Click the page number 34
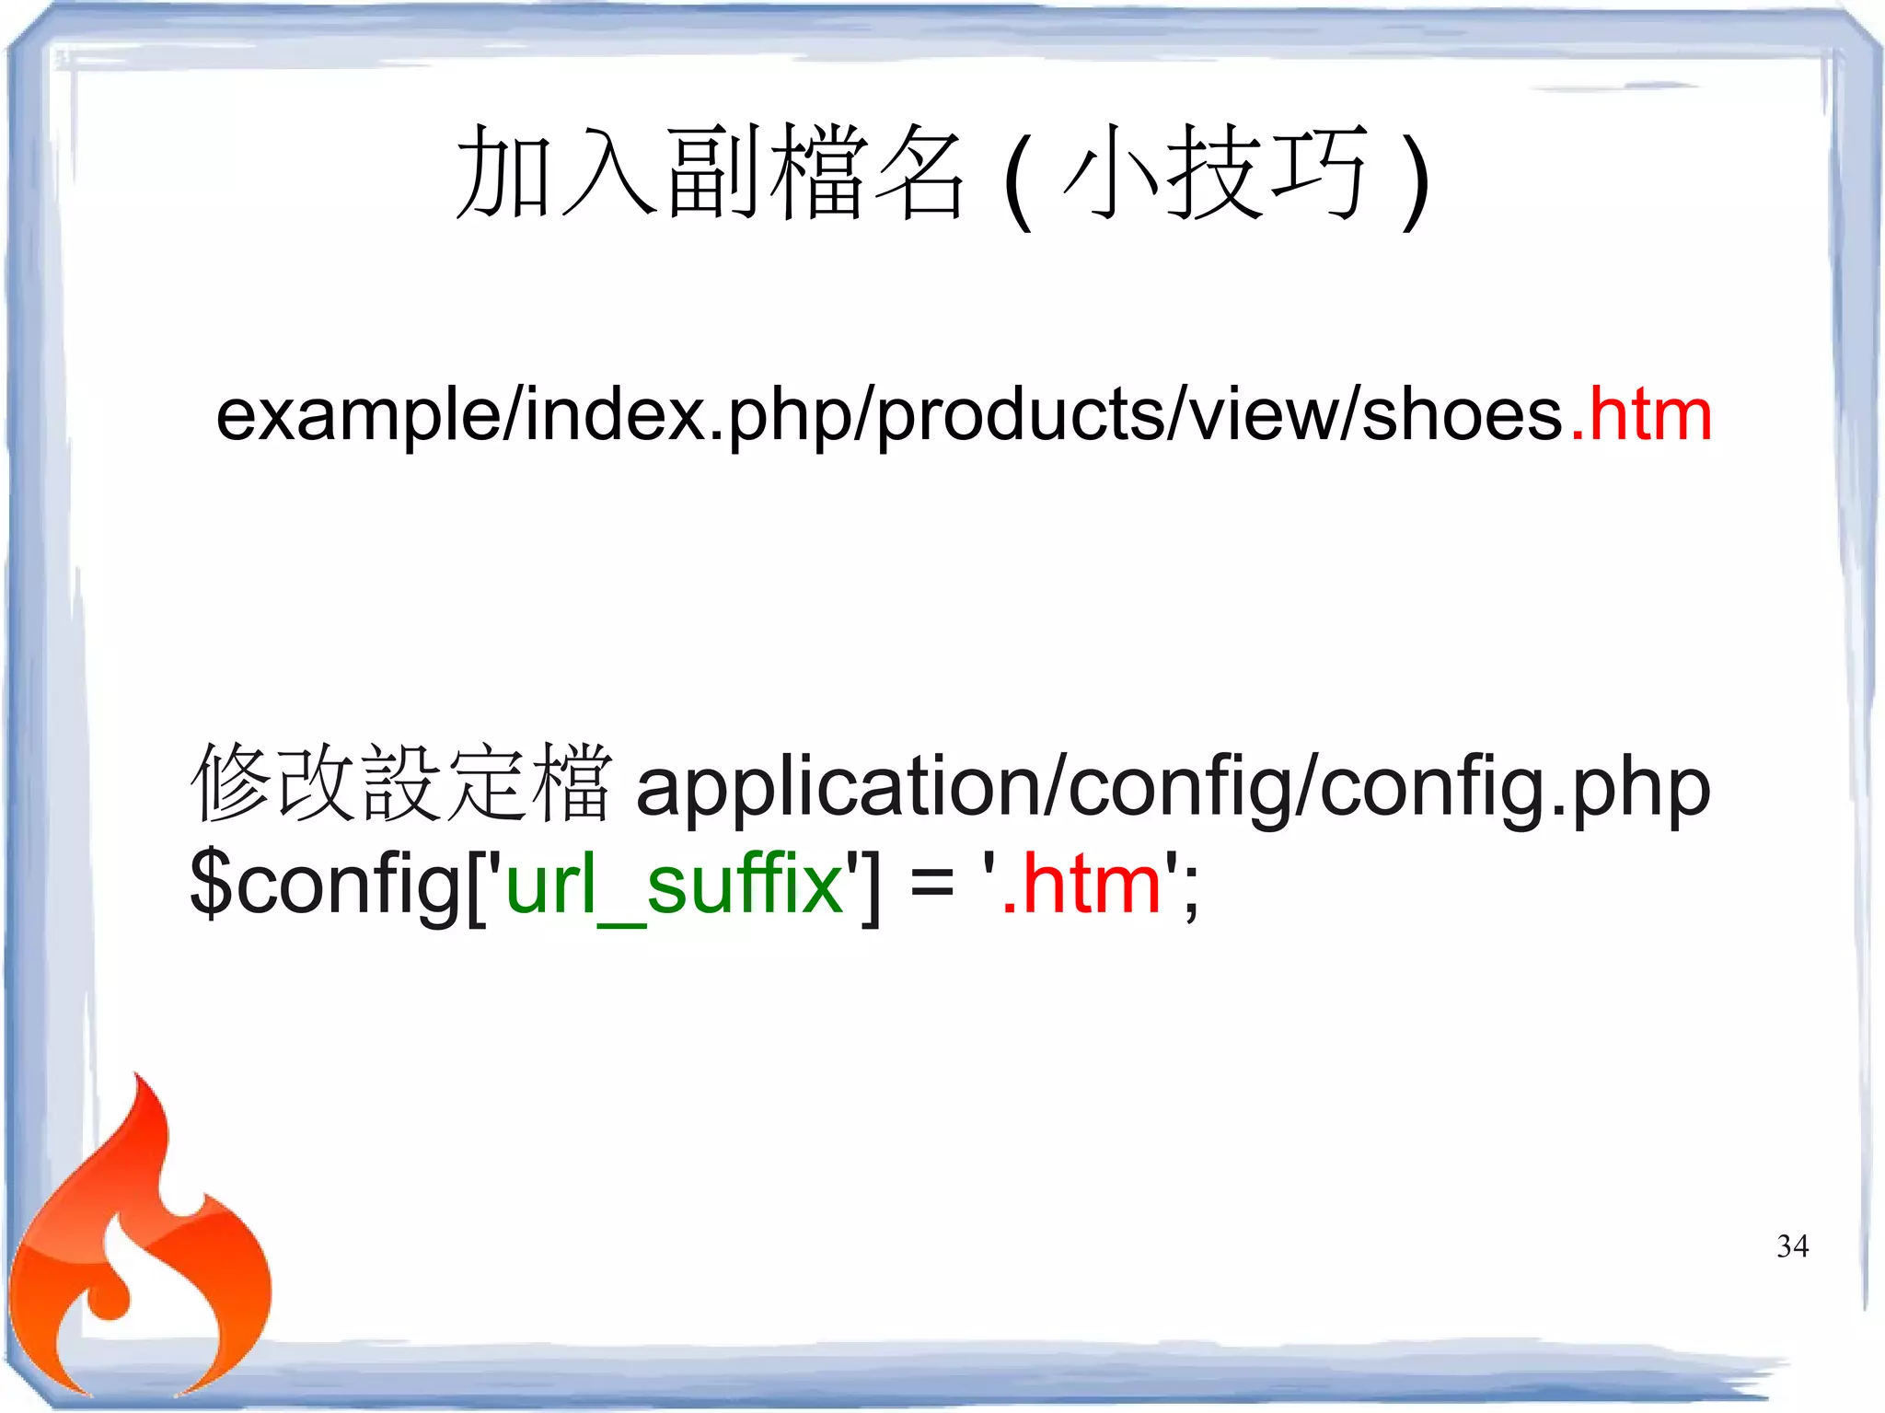pyautogui.click(x=1792, y=1246)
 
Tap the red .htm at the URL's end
pyautogui.click(x=1641, y=415)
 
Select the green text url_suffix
pyautogui.click(x=675, y=884)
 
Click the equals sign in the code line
pyautogui.click(x=931, y=886)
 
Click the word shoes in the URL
pyautogui.click(x=1462, y=415)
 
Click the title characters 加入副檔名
pyautogui.click(x=710, y=173)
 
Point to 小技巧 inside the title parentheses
pyautogui.click(x=1214, y=173)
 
